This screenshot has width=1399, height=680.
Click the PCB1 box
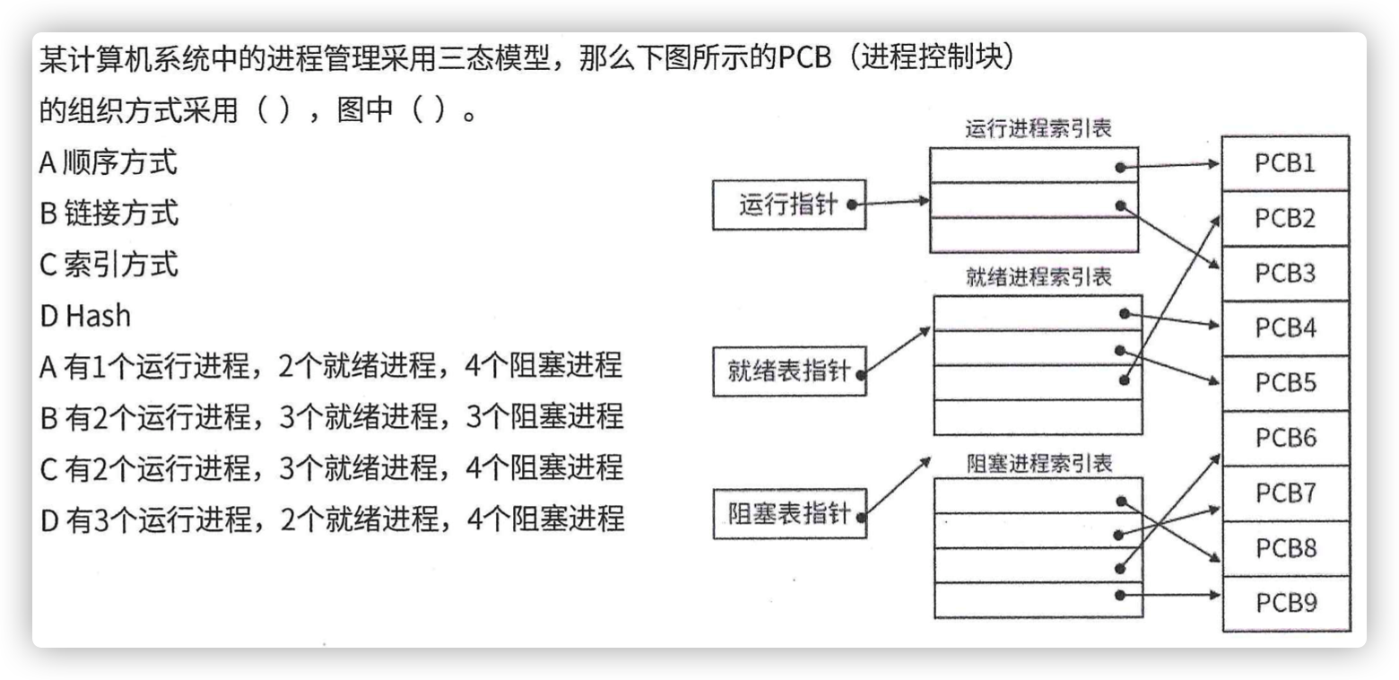pyautogui.click(x=1285, y=163)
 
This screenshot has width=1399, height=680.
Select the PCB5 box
pyautogui.click(x=1285, y=383)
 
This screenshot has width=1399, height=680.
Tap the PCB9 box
pyautogui.click(x=1286, y=603)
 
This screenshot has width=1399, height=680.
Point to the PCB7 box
pyautogui.click(x=1285, y=493)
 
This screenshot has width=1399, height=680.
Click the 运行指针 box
pyautogui.click(x=789, y=205)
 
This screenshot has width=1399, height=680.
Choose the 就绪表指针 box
pyautogui.click(x=789, y=371)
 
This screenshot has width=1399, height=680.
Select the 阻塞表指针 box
pyautogui.click(x=789, y=514)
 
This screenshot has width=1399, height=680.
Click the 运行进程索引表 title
pyautogui.click(x=1038, y=128)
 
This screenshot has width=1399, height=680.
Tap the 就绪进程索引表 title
pyautogui.click(x=1038, y=276)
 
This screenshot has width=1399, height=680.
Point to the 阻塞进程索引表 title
pyautogui.click(x=1039, y=463)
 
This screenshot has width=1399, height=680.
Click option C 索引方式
pyautogui.click(x=109, y=265)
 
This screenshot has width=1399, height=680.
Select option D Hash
pyautogui.click(x=85, y=316)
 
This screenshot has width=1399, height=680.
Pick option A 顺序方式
pyautogui.click(x=108, y=161)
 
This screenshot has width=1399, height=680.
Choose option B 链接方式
pyautogui.click(x=109, y=214)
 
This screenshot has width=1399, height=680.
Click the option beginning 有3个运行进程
pyautogui.click(x=332, y=519)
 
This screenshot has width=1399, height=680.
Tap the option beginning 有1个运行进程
pyautogui.click(x=331, y=365)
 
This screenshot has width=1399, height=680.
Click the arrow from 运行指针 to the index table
pyautogui.click(x=891, y=203)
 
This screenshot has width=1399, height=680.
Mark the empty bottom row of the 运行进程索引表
pyautogui.click(x=1034, y=235)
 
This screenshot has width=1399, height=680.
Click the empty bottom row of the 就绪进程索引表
pyautogui.click(x=1038, y=417)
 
